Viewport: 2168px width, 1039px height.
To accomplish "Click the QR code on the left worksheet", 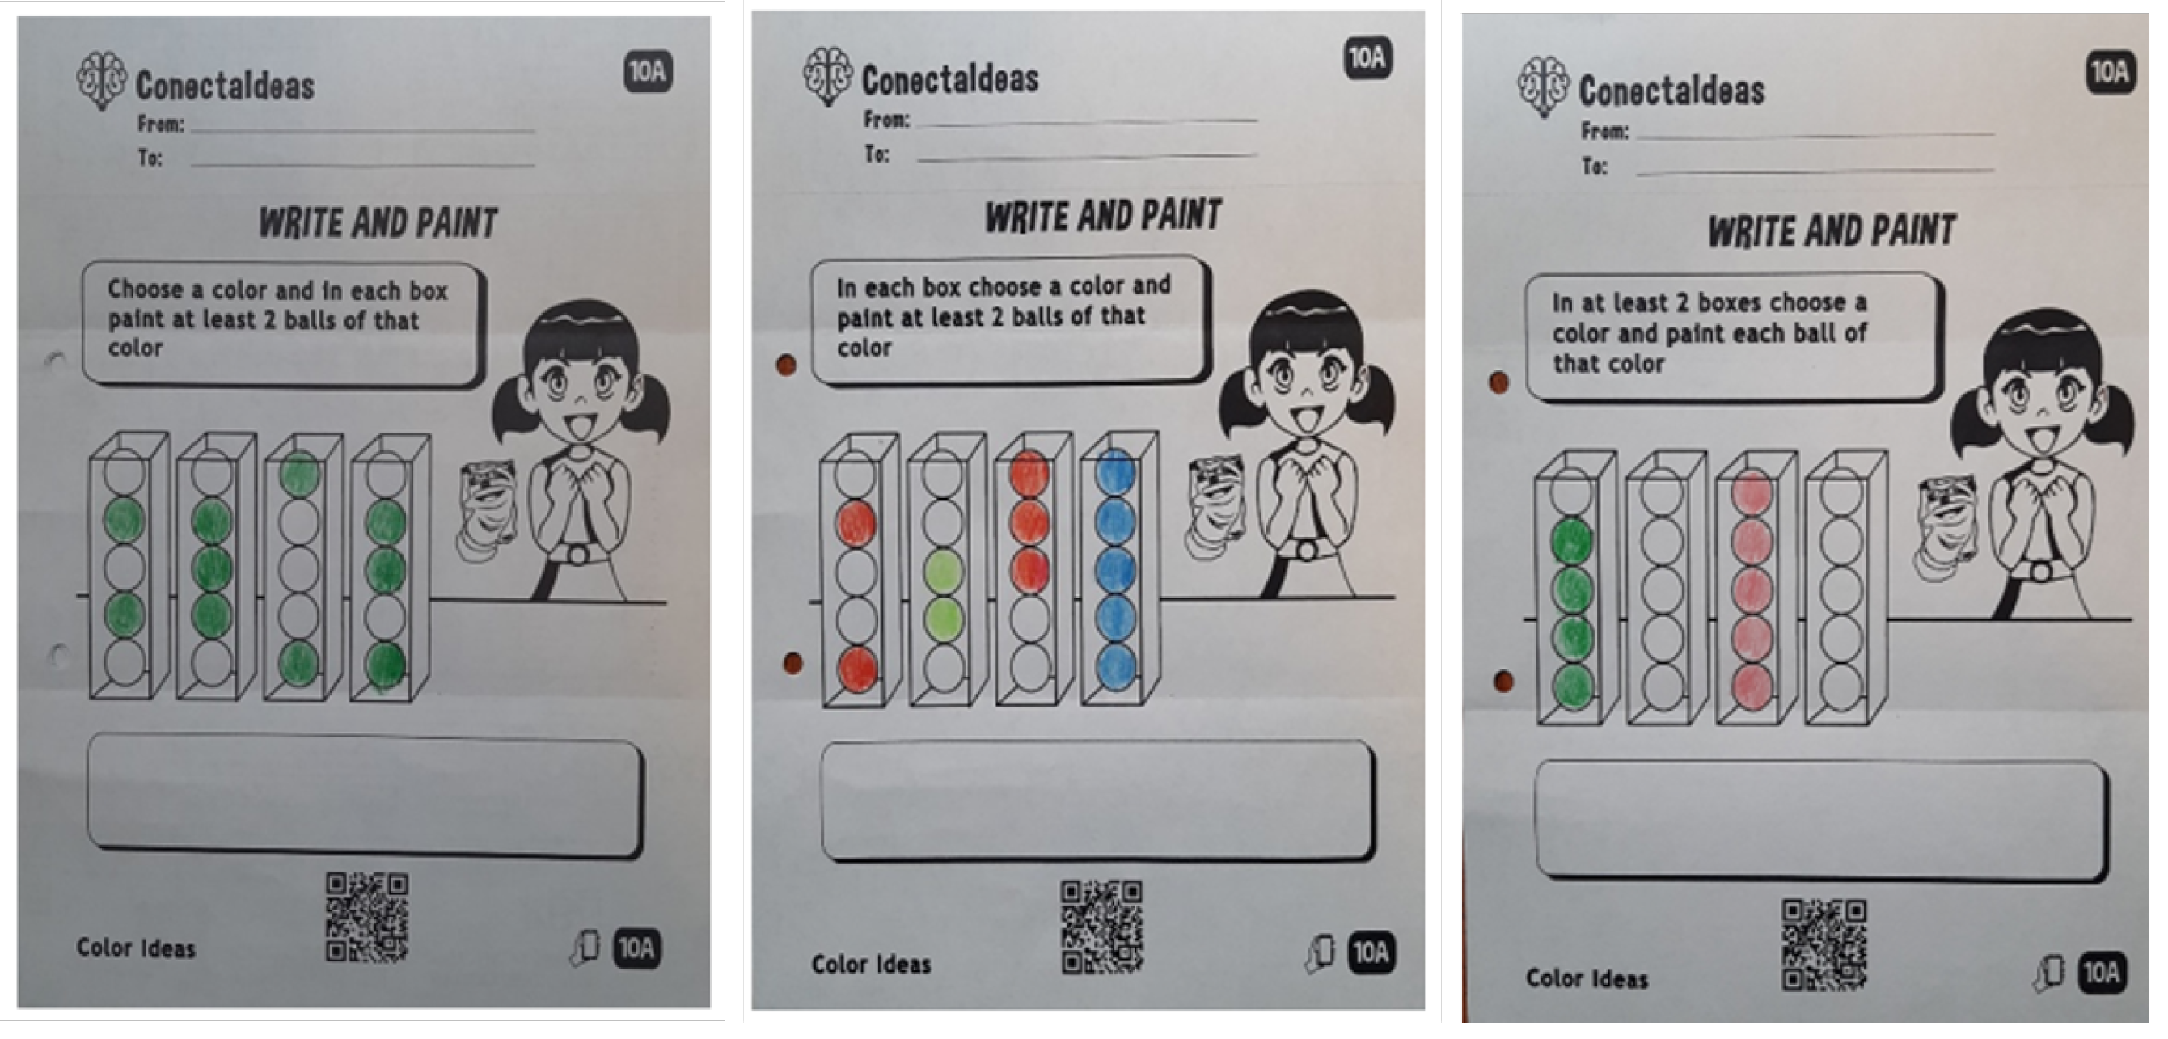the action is click(x=367, y=916).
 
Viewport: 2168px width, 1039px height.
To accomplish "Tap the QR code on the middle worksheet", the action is click(x=1101, y=927).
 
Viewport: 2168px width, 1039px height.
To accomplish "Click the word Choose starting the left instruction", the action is click(x=145, y=289).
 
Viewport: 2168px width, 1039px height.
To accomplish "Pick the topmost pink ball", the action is click(x=1753, y=492).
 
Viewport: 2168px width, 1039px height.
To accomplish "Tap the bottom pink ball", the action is click(x=1753, y=686).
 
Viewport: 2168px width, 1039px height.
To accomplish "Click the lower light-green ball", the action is click(x=944, y=619).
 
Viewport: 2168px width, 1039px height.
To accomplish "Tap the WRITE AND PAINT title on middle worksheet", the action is click(x=1103, y=215).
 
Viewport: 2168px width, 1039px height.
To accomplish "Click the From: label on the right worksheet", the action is click(x=1604, y=131).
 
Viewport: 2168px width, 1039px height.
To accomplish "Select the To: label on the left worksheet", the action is click(x=150, y=158).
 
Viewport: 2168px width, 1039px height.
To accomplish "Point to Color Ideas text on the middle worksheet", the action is click(x=871, y=964).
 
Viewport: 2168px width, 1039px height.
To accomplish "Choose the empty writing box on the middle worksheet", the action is click(x=1097, y=800).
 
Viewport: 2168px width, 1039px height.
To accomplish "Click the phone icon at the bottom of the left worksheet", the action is click(x=585, y=948).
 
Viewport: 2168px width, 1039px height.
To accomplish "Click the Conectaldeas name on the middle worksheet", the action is click(x=950, y=79).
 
